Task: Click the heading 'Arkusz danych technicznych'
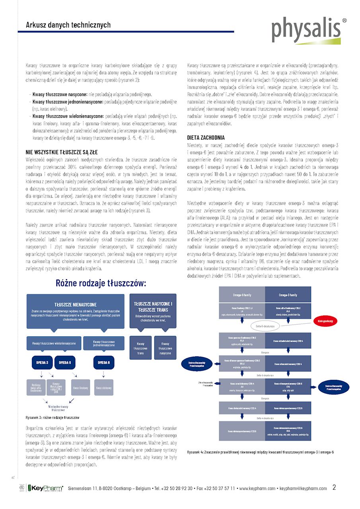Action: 68,25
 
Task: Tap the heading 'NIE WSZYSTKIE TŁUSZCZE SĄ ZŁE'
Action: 62,152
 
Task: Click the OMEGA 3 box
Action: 42,362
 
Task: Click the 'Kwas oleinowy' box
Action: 103,387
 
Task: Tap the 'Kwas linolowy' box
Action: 80,387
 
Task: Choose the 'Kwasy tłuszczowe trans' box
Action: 140,348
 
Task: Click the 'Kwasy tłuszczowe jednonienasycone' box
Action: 103,343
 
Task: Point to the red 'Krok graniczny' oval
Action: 328,321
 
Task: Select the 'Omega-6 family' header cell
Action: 242,295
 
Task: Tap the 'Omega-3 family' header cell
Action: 288,295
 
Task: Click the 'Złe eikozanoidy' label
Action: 206,384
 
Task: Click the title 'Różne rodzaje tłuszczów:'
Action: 101,283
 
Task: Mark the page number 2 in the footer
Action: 334,487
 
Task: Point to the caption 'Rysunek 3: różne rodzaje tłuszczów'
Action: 52,418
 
